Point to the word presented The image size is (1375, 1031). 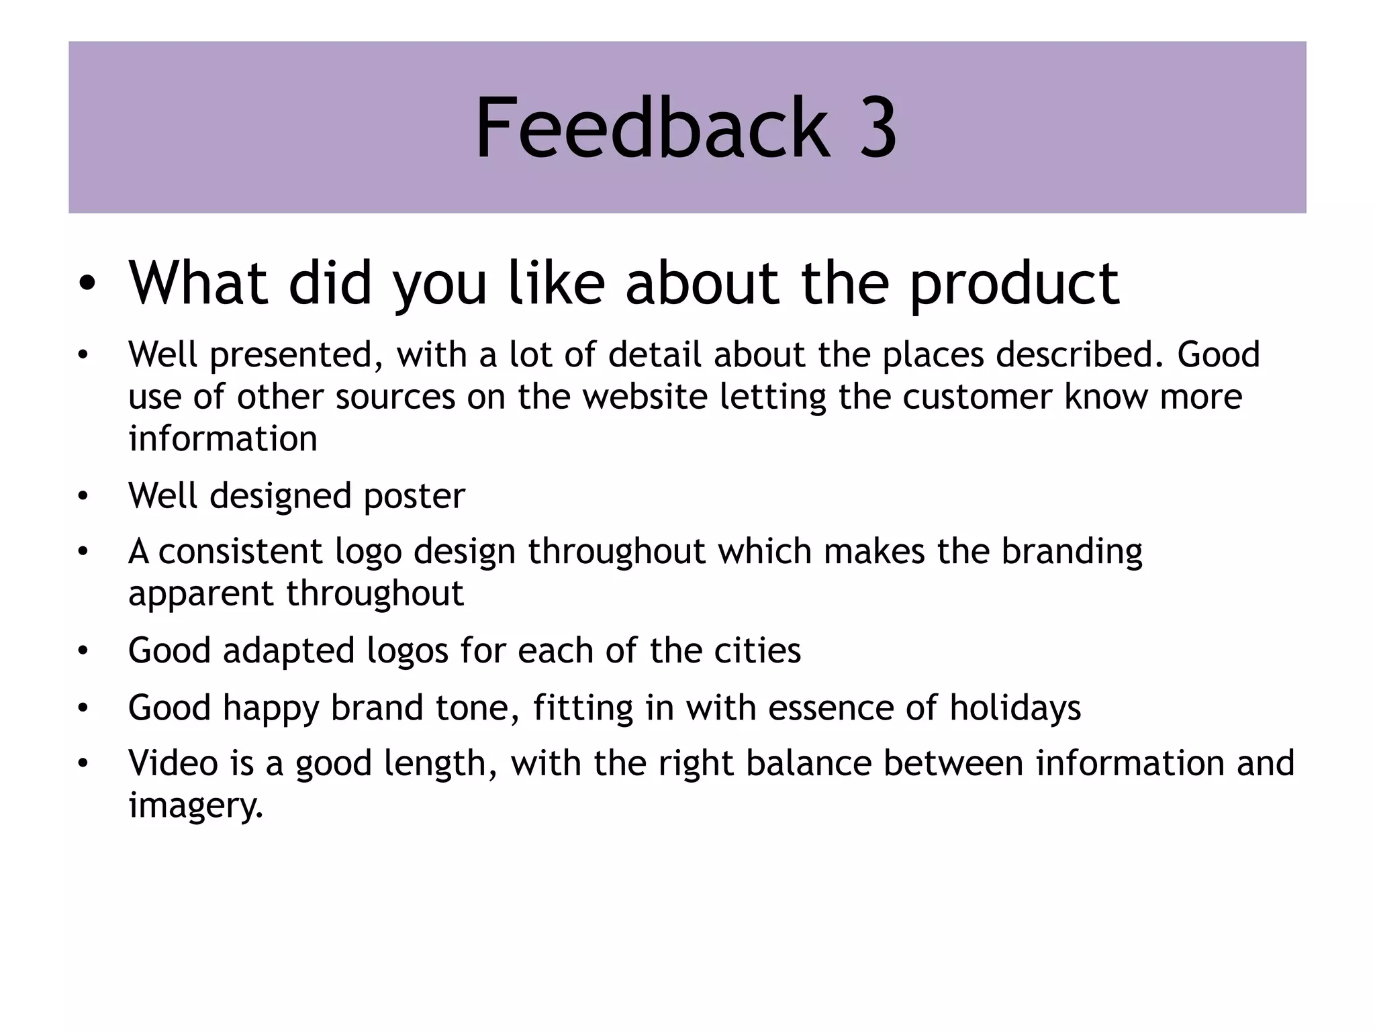pyautogui.click(x=296, y=355)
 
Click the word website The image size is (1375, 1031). pyautogui.click(x=645, y=396)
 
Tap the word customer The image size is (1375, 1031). pyautogui.click(x=978, y=396)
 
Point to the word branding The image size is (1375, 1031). pyautogui.click(x=1072, y=552)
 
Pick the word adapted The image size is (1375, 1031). pyautogui.click(x=289, y=651)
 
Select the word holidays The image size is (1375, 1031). pyautogui.click(x=1015, y=709)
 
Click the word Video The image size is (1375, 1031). pyautogui.click(x=173, y=763)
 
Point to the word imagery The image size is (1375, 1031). pyautogui.click(x=195, y=805)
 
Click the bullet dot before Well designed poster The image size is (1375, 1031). pyautogui.click(x=83, y=497)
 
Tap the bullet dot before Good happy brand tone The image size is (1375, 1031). pyautogui.click(x=83, y=708)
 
